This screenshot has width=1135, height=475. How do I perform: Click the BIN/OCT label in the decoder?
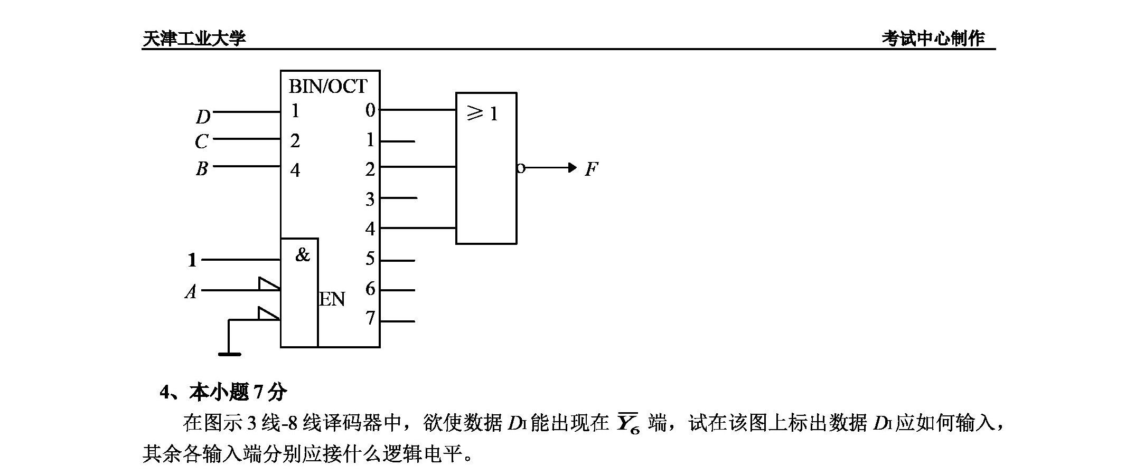coord(328,86)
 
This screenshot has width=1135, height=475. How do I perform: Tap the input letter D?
coord(203,117)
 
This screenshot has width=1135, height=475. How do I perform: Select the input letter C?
coord(201,141)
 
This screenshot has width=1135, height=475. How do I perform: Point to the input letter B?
coord(201,168)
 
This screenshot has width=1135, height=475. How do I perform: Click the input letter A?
coord(191,291)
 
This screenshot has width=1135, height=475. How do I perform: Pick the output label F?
coord(592,169)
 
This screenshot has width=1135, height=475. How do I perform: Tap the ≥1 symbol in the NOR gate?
coord(482,113)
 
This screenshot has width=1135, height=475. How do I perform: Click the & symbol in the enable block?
coord(303,255)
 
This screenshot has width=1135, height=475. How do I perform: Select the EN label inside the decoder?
coord(332,299)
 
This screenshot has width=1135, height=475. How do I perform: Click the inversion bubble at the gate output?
coord(521,168)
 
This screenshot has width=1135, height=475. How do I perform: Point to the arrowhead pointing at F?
coord(572,168)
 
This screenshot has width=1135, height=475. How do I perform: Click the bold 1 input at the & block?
coord(192,260)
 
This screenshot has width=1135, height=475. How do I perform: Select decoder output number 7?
coord(370,318)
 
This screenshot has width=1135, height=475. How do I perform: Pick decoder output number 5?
coord(370,259)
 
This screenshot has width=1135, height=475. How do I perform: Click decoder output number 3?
coord(370,199)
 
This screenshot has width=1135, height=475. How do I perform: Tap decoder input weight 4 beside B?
coord(295,170)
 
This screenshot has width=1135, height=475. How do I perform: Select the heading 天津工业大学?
coord(194,38)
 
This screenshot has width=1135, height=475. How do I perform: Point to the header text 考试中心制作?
coord(933,38)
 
